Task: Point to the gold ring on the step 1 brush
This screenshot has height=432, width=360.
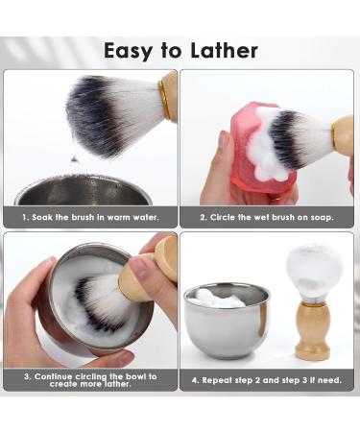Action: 169,97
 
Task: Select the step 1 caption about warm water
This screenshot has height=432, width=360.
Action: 90,217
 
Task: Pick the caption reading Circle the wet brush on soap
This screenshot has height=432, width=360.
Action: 267,217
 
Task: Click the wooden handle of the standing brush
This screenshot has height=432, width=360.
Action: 313,331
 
